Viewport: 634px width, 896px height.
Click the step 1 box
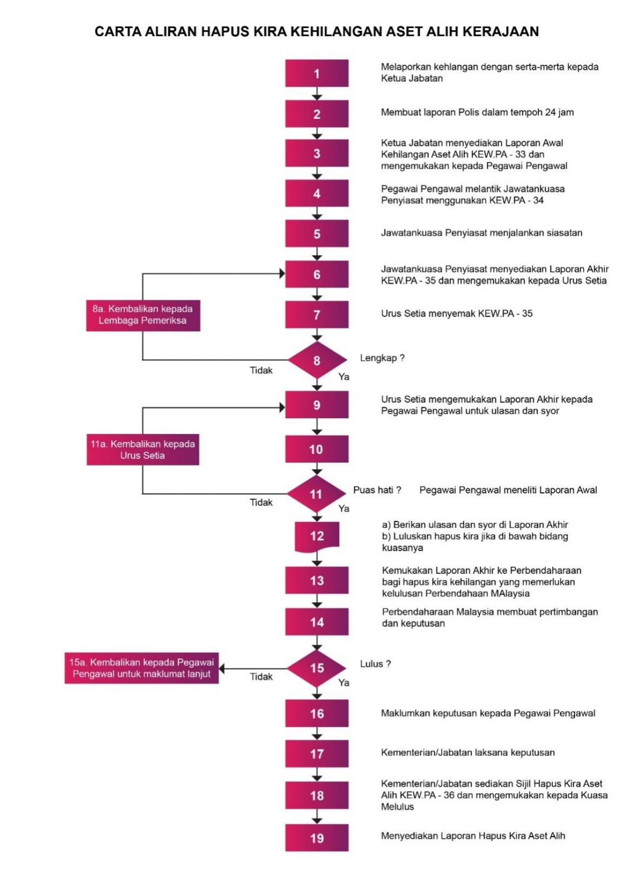316,73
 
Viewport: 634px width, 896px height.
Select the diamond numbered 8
316,360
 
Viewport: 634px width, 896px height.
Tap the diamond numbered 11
316,494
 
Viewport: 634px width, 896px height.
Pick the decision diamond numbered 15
316,668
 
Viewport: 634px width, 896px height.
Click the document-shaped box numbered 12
316,536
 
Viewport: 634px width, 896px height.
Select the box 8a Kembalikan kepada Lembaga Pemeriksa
143,315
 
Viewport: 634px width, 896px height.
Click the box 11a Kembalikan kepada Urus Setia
143,450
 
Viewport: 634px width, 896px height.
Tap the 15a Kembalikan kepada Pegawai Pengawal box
141,668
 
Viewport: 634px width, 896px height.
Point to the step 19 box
316,838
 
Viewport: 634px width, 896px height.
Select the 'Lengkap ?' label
382,358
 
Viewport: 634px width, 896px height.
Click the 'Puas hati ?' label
377,490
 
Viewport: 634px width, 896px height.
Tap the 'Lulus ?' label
375,664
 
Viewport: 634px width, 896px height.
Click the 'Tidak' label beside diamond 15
261,677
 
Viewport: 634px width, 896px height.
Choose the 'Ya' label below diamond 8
344,377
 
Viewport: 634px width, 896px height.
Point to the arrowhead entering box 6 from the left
281,274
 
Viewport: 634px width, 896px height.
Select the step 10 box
316,450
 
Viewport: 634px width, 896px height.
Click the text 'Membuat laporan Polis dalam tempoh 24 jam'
477,113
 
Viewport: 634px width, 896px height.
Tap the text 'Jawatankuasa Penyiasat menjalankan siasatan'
482,233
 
